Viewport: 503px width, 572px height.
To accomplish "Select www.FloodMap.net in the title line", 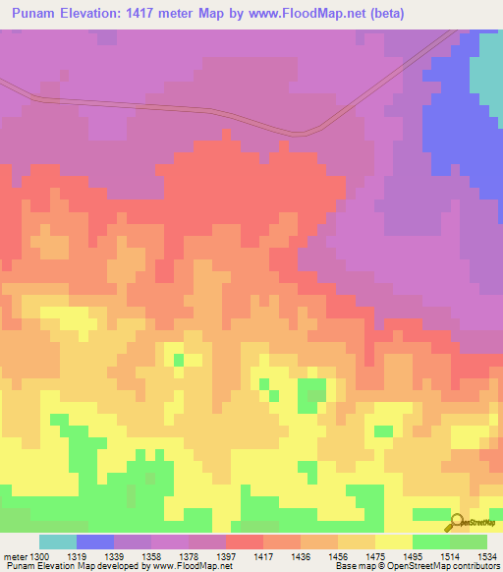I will coord(307,14).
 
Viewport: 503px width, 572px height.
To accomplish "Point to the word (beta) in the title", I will coord(385,14).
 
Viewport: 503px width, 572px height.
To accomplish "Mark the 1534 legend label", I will coord(487,556).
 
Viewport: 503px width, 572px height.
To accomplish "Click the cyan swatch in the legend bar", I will coord(58,542).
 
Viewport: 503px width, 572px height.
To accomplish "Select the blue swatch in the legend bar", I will coord(95,542).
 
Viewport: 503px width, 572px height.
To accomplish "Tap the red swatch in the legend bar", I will coord(245,542).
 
